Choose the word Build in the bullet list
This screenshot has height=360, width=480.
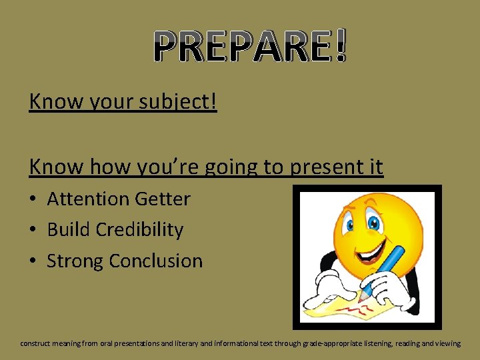(69, 229)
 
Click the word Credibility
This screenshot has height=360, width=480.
(139, 229)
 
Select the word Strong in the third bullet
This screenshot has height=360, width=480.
(75, 261)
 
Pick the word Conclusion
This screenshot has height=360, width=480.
(156, 261)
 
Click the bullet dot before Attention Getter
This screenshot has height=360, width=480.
(33, 199)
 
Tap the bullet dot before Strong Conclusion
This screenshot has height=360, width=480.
(33, 261)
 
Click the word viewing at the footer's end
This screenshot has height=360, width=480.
(446, 343)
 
